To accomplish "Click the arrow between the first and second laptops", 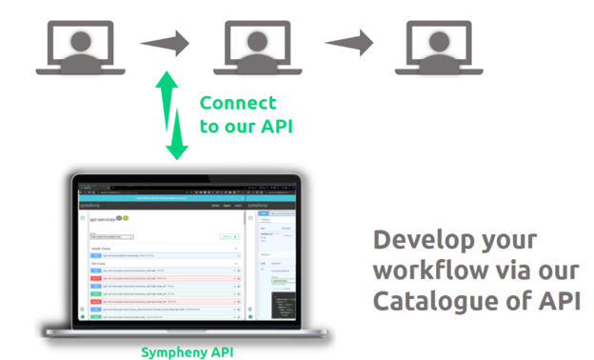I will [164, 43].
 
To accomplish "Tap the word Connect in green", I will [237, 103].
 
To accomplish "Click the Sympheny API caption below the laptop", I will [186, 352].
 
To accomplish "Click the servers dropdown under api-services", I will [112, 236].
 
